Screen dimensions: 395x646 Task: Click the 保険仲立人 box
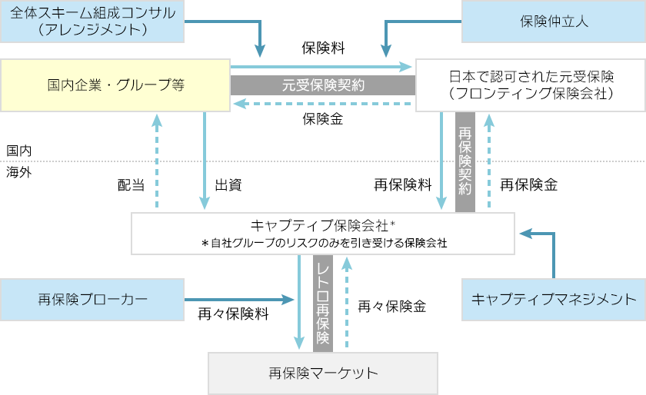coord(553,21)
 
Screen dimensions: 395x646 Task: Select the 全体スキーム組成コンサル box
coord(92,21)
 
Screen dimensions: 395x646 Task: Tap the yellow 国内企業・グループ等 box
coord(115,85)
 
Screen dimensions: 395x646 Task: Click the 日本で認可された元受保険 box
coord(530,85)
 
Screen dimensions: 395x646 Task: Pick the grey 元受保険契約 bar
coord(323,85)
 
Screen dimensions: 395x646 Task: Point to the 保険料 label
coord(323,48)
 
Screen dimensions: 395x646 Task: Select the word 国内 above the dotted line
coord(18,151)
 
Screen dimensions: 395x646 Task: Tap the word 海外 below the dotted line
coord(18,172)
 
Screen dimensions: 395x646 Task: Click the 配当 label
coord(131,185)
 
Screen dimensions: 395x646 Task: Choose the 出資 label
coord(228,185)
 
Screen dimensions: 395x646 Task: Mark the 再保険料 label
coord(402,185)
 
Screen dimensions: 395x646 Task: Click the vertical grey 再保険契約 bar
coord(465,161)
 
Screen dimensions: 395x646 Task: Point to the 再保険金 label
coord(528,185)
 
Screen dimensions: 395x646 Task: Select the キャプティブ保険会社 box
coord(323,233)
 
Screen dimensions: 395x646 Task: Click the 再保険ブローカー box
coord(92,299)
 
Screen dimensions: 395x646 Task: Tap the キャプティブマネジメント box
coord(553,299)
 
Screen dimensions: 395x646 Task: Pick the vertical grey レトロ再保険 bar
coord(322,303)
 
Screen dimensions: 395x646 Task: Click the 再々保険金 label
coord(391,306)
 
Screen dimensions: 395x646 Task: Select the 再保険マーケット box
coord(323,373)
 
